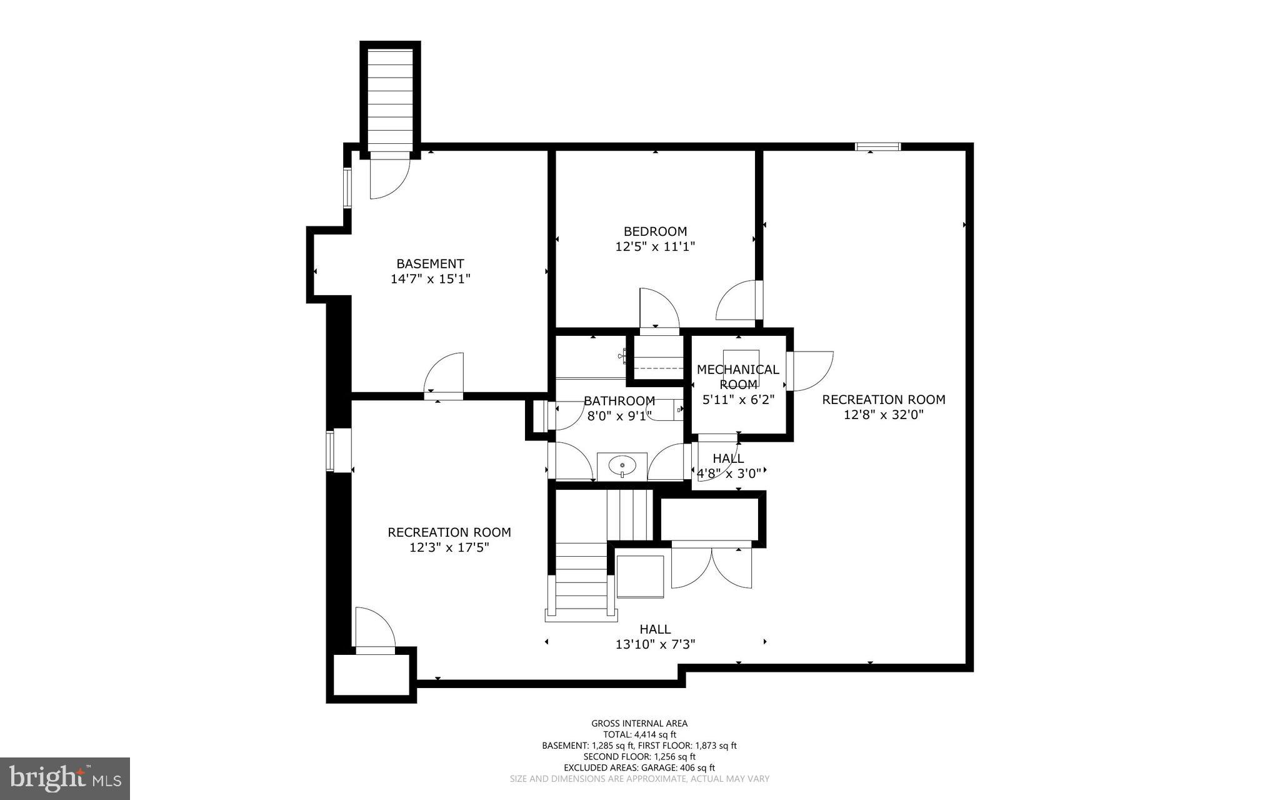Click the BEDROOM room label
coord(655,231)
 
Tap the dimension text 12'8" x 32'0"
coord(883,415)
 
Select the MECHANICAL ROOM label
coord(738,377)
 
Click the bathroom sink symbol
coord(622,466)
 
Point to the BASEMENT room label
coord(430,264)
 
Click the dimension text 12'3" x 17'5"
coord(449,547)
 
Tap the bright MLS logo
coord(65,778)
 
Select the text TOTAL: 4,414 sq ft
coord(639,734)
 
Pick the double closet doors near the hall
coord(711,567)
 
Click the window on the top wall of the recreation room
coord(877,147)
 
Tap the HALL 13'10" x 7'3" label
coord(655,637)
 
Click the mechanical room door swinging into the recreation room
coord(810,370)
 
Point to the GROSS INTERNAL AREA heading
coord(639,724)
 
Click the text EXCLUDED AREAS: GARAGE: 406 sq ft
coord(639,767)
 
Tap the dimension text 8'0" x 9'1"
coord(619,415)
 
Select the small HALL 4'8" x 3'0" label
coord(728,466)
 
